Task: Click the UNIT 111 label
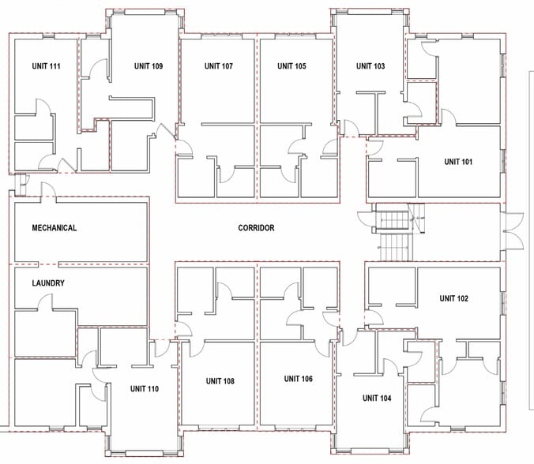pos(46,65)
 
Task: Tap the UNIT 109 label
pos(149,65)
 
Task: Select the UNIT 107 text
pos(217,65)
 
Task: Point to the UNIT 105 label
pos(291,65)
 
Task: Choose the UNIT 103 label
pos(370,65)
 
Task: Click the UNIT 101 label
pos(458,162)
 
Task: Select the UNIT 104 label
pos(377,399)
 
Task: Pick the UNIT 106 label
pos(298,380)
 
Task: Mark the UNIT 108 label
pos(220,381)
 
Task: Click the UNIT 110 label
pos(144,389)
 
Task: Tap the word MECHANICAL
pos(54,228)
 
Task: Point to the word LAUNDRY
pos(48,283)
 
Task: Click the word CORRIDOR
pos(256,228)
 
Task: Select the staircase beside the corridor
pos(393,231)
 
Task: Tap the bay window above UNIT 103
pos(370,12)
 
